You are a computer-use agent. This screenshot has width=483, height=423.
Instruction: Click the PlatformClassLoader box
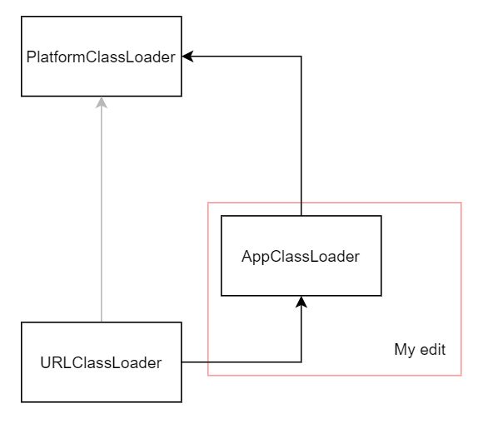tap(101, 57)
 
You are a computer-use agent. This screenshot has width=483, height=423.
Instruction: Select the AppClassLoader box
tap(301, 256)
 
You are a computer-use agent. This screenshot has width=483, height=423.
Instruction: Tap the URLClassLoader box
tap(101, 362)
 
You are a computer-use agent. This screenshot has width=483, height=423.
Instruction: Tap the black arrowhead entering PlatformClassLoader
tap(188, 57)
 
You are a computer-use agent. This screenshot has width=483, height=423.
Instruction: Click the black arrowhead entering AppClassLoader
tap(301, 302)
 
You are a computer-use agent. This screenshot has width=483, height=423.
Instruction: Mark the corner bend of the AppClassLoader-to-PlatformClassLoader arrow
tap(301, 57)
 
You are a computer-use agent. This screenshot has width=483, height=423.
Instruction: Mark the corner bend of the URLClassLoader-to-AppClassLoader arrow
tap(301, 362)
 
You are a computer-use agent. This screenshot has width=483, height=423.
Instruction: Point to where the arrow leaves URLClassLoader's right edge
tap(182, 362)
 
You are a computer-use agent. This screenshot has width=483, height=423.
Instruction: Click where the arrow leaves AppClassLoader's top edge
tap(301, 216)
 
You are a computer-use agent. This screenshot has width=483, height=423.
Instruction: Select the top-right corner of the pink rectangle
tap(461, 203)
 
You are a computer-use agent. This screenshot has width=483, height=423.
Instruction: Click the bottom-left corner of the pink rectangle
tap(208, 376)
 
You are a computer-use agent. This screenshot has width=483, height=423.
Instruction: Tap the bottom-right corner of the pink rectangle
tap(461, 376)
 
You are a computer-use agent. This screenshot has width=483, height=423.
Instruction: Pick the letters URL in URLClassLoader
tap(52, 362)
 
